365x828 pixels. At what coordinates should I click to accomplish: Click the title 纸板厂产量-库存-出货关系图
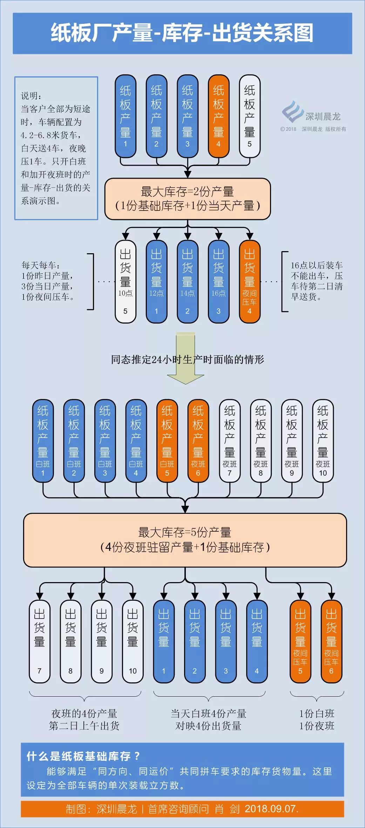point(182,33)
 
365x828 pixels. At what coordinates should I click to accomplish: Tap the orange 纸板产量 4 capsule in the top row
point(218,116)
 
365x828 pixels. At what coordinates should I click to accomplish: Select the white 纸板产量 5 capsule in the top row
point(249,116)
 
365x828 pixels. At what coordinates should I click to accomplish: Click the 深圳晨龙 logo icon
point(292,111)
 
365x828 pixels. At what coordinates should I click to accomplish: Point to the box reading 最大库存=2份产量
point(188,199)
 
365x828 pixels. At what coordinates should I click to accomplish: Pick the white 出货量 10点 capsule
point(125,282)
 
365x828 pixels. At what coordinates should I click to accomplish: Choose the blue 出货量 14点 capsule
point(187,282)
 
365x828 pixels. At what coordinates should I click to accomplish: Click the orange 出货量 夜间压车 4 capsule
point(249,282)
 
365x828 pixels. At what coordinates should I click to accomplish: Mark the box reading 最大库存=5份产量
point(185,540)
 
